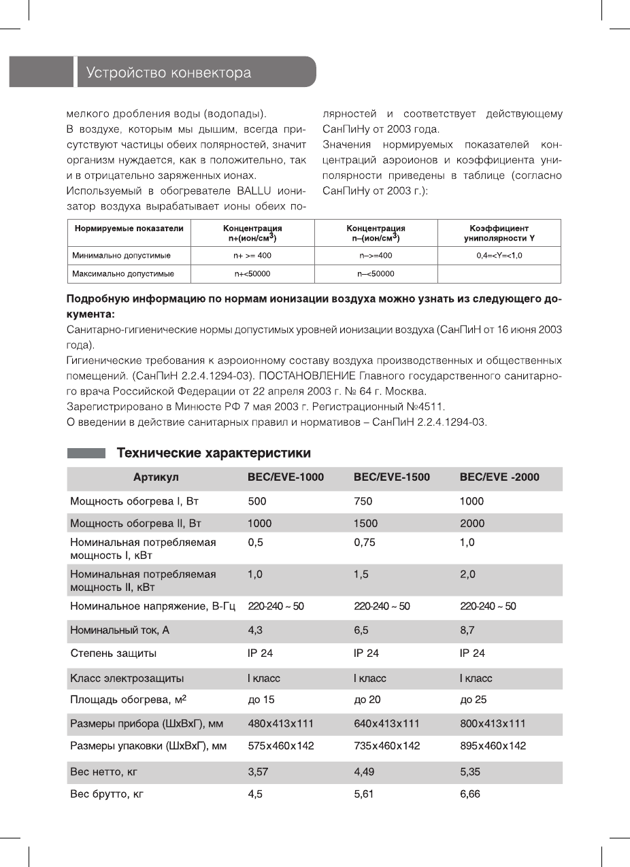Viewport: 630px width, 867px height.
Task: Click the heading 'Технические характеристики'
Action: click(214, 453)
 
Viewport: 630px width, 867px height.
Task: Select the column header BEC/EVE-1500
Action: click(392, 477)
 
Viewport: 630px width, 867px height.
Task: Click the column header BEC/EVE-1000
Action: click(286, 477)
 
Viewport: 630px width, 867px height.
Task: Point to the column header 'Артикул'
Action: click(156, 477)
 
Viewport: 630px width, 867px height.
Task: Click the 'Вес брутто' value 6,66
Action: click(471, 794)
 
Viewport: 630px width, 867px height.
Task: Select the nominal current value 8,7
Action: click(469, 630)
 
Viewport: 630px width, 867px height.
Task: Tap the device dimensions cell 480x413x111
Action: click(280, 724)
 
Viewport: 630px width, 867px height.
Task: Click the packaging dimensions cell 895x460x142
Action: click(493, 746)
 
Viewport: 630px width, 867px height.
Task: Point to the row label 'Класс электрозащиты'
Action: click(129, 678)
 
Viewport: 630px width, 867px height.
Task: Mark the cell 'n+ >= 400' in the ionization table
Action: click(252, 256)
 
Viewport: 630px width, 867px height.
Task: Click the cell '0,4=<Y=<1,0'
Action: click(499, 256)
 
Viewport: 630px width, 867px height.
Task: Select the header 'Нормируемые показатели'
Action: click(129, 228)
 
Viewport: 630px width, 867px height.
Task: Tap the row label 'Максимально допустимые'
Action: click(123, 274)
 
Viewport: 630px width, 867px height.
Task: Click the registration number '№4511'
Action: click(428, 407)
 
